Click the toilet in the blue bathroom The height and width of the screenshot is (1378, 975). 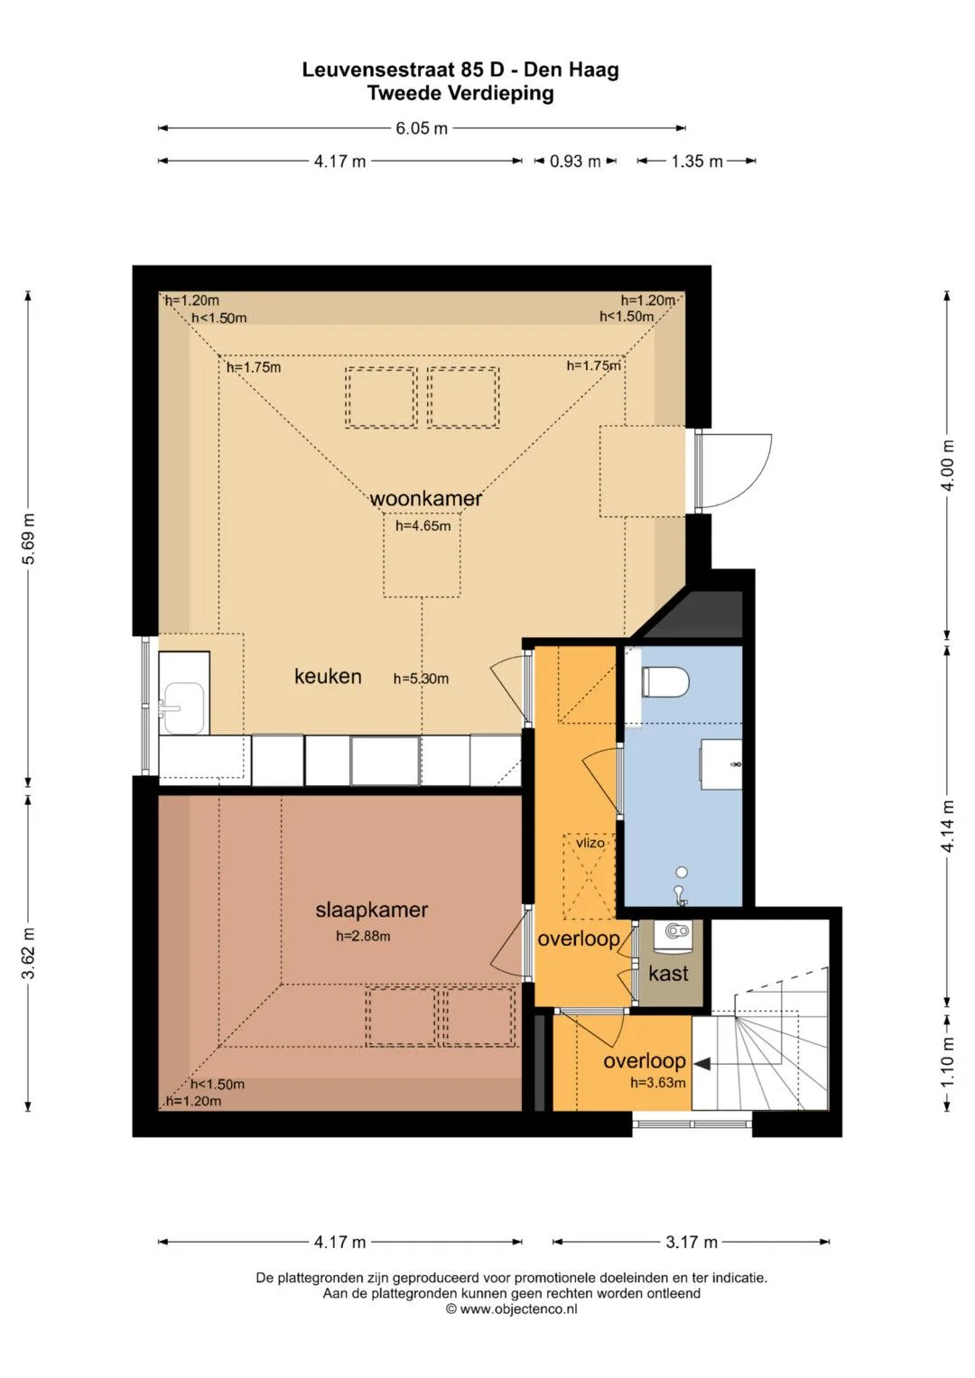click(664, 681)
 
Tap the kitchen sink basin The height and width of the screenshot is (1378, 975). click(182, 708)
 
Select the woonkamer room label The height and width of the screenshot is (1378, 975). click(425, 498)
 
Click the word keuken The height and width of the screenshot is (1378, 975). click(328, 677)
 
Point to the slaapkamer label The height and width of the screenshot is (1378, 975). click(371, 910)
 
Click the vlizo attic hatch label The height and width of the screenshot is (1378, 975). click(590, 843)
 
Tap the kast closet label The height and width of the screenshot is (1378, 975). click(668, 974)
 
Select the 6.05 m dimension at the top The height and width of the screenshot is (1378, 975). click(422, 128)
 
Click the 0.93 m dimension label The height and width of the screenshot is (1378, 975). click(575, 162)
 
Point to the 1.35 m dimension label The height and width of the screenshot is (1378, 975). click(696, 162)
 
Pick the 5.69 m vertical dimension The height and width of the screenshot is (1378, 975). click(28, 538)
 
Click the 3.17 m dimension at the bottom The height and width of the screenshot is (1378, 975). click(692, 1242)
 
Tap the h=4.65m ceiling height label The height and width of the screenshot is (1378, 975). click(422, 526)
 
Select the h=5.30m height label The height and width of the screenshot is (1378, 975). click(421, 680)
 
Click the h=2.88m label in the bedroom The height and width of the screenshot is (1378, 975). click(363, 937)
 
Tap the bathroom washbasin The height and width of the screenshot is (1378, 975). click(720, 764)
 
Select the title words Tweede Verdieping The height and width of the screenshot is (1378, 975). click(460, 94)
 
